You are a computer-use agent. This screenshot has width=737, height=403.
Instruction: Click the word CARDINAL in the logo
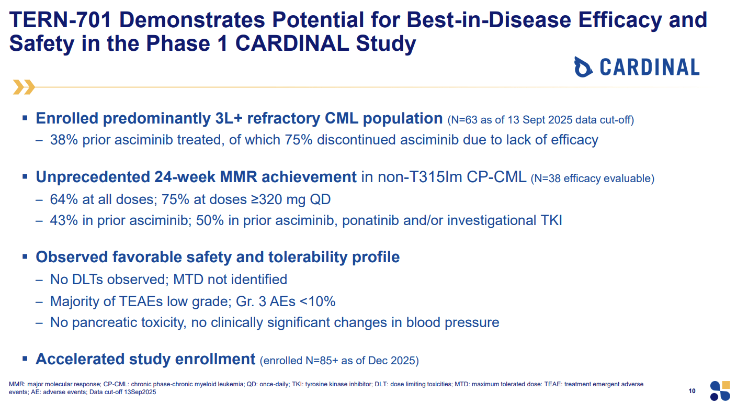[650, 67]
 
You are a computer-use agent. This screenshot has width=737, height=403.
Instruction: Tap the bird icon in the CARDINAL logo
[583, 67]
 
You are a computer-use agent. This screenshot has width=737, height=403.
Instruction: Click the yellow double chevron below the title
[24, 87]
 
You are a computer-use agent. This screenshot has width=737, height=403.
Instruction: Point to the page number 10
[692, 391]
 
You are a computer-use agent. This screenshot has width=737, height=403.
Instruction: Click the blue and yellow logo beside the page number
[720, 391]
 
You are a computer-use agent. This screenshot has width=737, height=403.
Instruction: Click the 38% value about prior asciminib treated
[64, 140]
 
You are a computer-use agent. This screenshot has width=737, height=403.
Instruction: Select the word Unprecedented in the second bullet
[93, 177]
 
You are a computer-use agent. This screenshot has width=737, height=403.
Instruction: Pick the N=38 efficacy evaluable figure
[593, 178]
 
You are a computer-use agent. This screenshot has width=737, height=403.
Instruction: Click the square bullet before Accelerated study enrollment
[25, 358]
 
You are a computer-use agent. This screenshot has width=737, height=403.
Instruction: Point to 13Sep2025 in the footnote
[140, 392]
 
